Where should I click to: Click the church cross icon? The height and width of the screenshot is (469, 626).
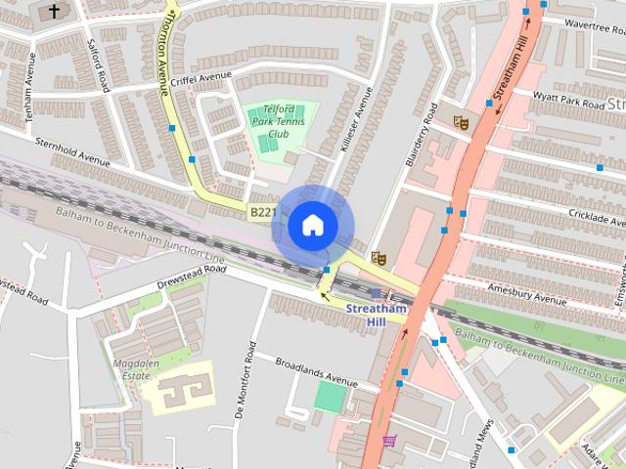(54, 12)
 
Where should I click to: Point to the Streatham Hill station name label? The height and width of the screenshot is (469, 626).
(376, 315)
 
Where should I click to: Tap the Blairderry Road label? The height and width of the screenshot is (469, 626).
(417, 133)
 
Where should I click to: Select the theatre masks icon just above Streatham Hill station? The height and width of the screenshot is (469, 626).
(379, 258)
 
